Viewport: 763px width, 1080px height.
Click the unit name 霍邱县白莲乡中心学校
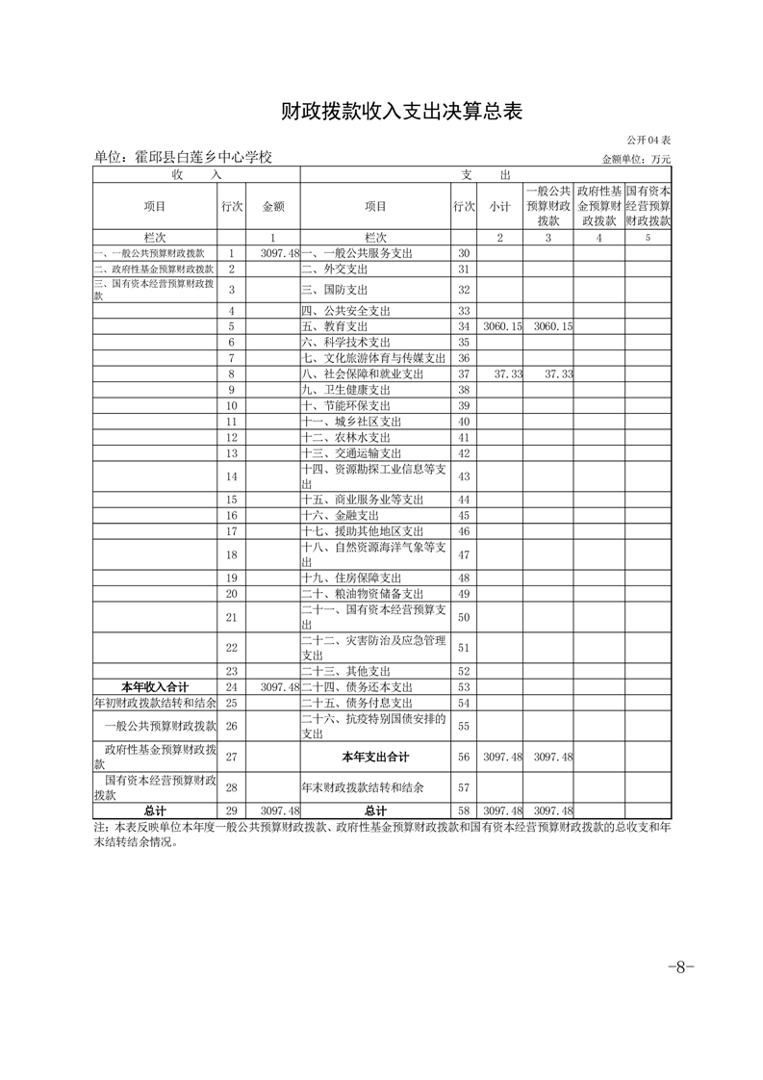coord(184,157)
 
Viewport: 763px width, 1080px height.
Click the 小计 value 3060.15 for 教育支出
coord(501,326)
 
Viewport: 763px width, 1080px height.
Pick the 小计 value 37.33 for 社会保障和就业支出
coord(506,373)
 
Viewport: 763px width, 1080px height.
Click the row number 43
coord(464,476)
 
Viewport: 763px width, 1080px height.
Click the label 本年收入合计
coord(155,686)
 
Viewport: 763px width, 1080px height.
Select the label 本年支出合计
coord(374,757)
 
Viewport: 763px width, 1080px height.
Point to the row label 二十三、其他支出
coord(345,671)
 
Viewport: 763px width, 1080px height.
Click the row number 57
coord(464,787)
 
